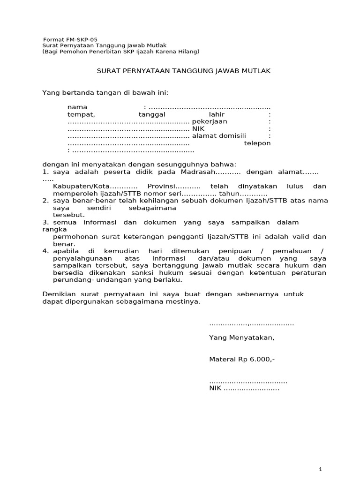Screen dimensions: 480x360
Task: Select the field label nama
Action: (77, 107)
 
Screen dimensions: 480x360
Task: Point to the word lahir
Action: (217, 114)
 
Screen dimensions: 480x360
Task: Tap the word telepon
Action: (257, 143)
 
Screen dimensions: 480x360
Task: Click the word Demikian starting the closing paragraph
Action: (59, 294)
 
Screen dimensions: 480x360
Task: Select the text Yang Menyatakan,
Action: (241, 337)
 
